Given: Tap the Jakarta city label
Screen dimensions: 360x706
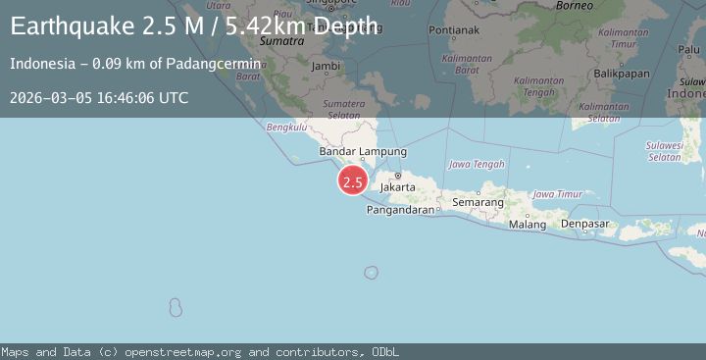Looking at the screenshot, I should (x=398, y=185).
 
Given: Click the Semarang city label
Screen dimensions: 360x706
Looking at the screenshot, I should (x=478, y=202).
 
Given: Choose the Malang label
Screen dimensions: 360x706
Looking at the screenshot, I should (x=528, y=225).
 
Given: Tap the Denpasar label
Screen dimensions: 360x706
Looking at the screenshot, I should (x=585, y=225).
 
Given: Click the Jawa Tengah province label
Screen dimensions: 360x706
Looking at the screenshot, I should (x=476, y=164).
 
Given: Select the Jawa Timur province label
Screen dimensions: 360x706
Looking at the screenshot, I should (x=557, y=194).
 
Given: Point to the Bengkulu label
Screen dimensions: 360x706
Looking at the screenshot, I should (x=287, y=127).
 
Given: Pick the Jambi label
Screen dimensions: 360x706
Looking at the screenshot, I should (x=325, y=66).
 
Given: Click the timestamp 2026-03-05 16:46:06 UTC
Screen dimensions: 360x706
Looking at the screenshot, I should (x=99, y=97).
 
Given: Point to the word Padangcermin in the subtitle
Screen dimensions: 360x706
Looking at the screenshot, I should (x=218, y=64).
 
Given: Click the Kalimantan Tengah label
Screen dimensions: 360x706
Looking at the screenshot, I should (x=538, y=86).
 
